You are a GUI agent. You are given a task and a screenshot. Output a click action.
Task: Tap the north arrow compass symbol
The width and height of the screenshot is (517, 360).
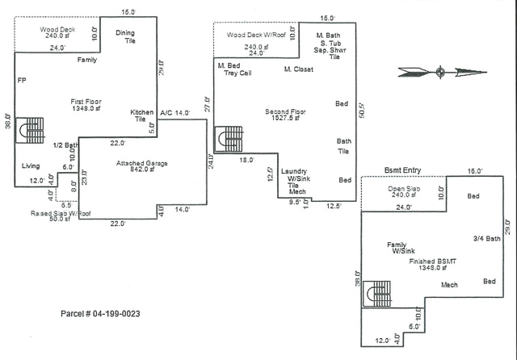pos(440,73)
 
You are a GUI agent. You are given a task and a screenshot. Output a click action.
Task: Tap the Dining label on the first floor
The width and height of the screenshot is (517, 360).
pos(125,33)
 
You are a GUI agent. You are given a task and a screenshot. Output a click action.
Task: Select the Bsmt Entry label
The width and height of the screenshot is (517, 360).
pos(403,170)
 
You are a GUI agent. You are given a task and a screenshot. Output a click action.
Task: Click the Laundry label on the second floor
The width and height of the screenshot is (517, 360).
pos(294,172)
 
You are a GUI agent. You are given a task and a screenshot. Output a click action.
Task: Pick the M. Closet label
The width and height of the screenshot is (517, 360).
pos(299,69)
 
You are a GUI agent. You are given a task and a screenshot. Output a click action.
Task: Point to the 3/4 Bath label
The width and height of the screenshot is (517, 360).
pos(487,238)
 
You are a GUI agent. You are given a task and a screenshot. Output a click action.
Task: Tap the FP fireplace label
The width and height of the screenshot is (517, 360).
pos(22,81)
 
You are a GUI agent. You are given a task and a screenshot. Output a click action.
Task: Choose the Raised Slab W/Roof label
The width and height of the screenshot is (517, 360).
pos(61,213)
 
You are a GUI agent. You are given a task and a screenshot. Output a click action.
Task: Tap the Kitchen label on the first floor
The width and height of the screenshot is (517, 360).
pos(142,112)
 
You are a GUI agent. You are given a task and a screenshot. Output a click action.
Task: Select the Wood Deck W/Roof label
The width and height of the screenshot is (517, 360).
pos(256,35)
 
